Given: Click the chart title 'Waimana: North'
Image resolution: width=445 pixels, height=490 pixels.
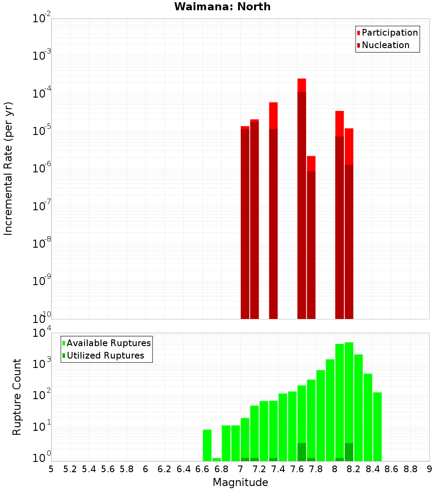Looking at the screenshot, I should pyautogui.click(x=222, y=7).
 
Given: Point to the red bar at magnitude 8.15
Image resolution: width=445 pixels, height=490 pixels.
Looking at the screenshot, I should pyautogui.click(x=349, y=223).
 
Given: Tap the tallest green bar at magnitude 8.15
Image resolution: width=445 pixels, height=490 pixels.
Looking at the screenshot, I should pyautogui.click(x=349, y=401).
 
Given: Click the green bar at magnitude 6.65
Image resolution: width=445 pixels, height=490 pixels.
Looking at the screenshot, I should pyautogui.click(x=207, y=445).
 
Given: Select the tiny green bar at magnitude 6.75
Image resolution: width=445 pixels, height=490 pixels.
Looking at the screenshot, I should pyautogui.click(x=217, y=459).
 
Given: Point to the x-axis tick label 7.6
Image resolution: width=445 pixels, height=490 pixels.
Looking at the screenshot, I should pyautogui.click(x=297, y=469).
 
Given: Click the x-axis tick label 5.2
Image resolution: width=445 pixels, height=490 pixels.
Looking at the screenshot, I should pyautogui.click(x=70, y=469).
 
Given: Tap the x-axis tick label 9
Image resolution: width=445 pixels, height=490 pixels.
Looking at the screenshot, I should pyautogui.click(x=429, y=469).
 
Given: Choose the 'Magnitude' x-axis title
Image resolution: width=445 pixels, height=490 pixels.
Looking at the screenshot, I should pyautogui.click(x=240, y=482).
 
